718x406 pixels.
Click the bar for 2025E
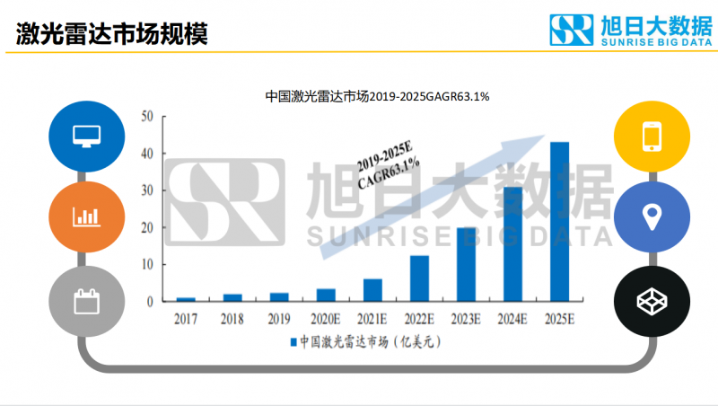(x=559, y=222)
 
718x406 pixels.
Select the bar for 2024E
(x=512, y=244)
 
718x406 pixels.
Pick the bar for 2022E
(x=419, y=278)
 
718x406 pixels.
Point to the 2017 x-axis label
(x=186, y=317)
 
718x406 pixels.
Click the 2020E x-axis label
(x=326, y=317)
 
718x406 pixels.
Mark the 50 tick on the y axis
(x=148, y=116)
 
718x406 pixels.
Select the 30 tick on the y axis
(x=148, y=190)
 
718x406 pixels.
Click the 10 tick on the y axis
(x=148, y=265)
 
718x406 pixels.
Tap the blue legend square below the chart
(x=293, y=341)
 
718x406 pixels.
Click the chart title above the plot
(x=377, y=96)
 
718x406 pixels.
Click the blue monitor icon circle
(x=86, y=137)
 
